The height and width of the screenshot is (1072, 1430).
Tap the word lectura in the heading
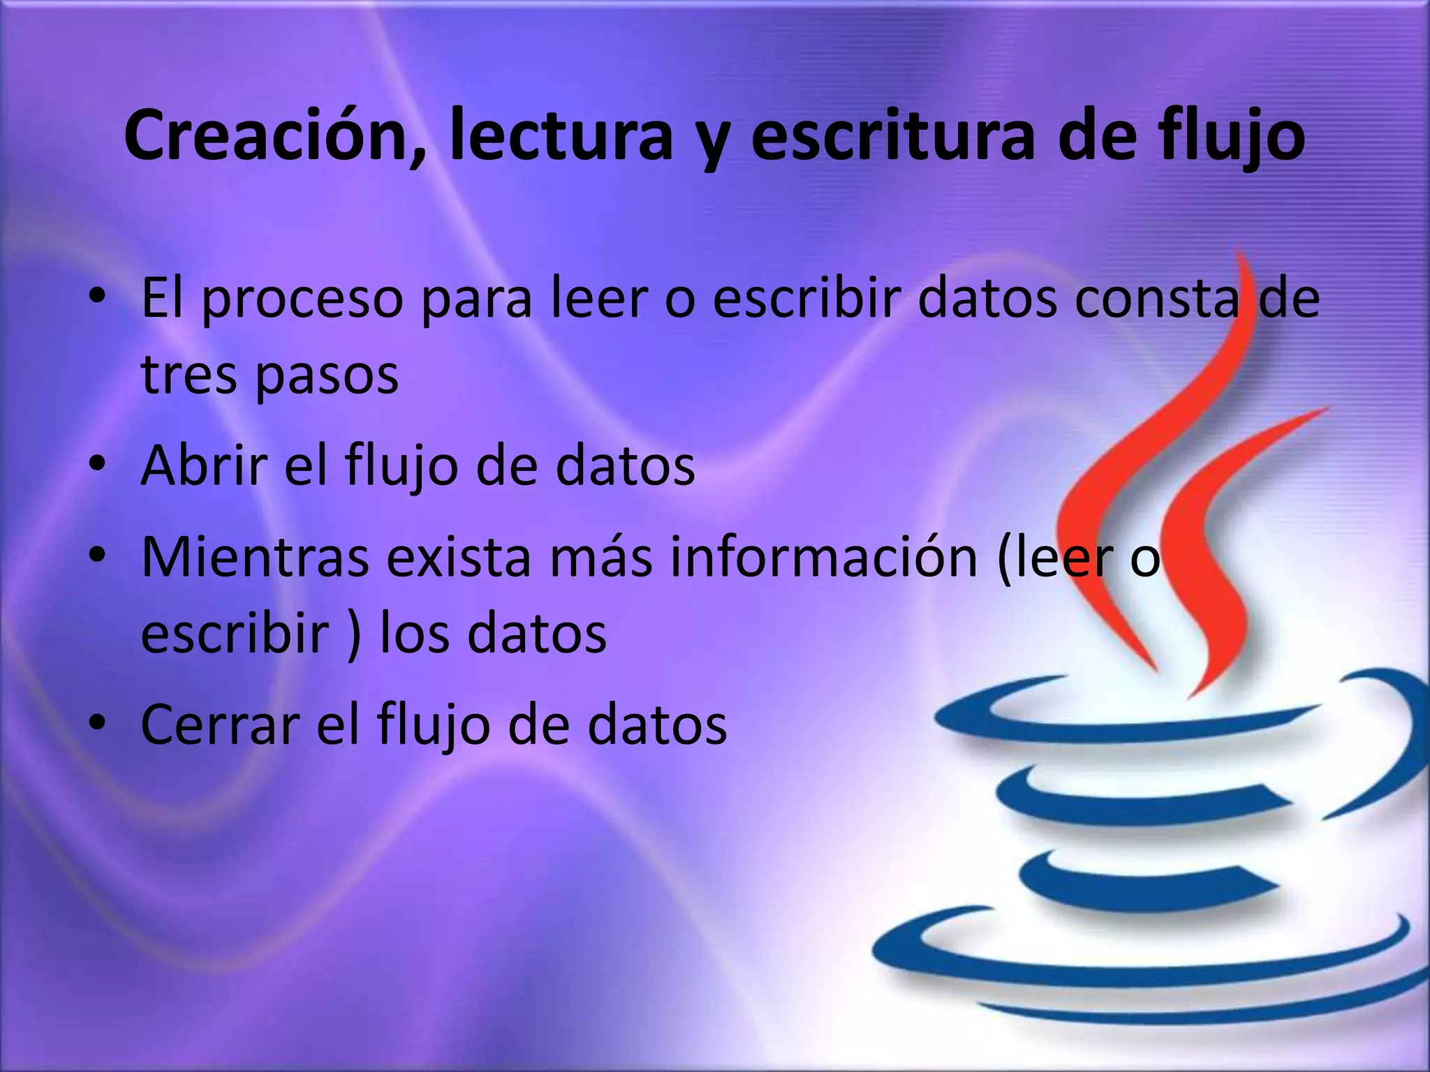click(561, 135)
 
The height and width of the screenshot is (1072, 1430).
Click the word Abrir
click(204, 465)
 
